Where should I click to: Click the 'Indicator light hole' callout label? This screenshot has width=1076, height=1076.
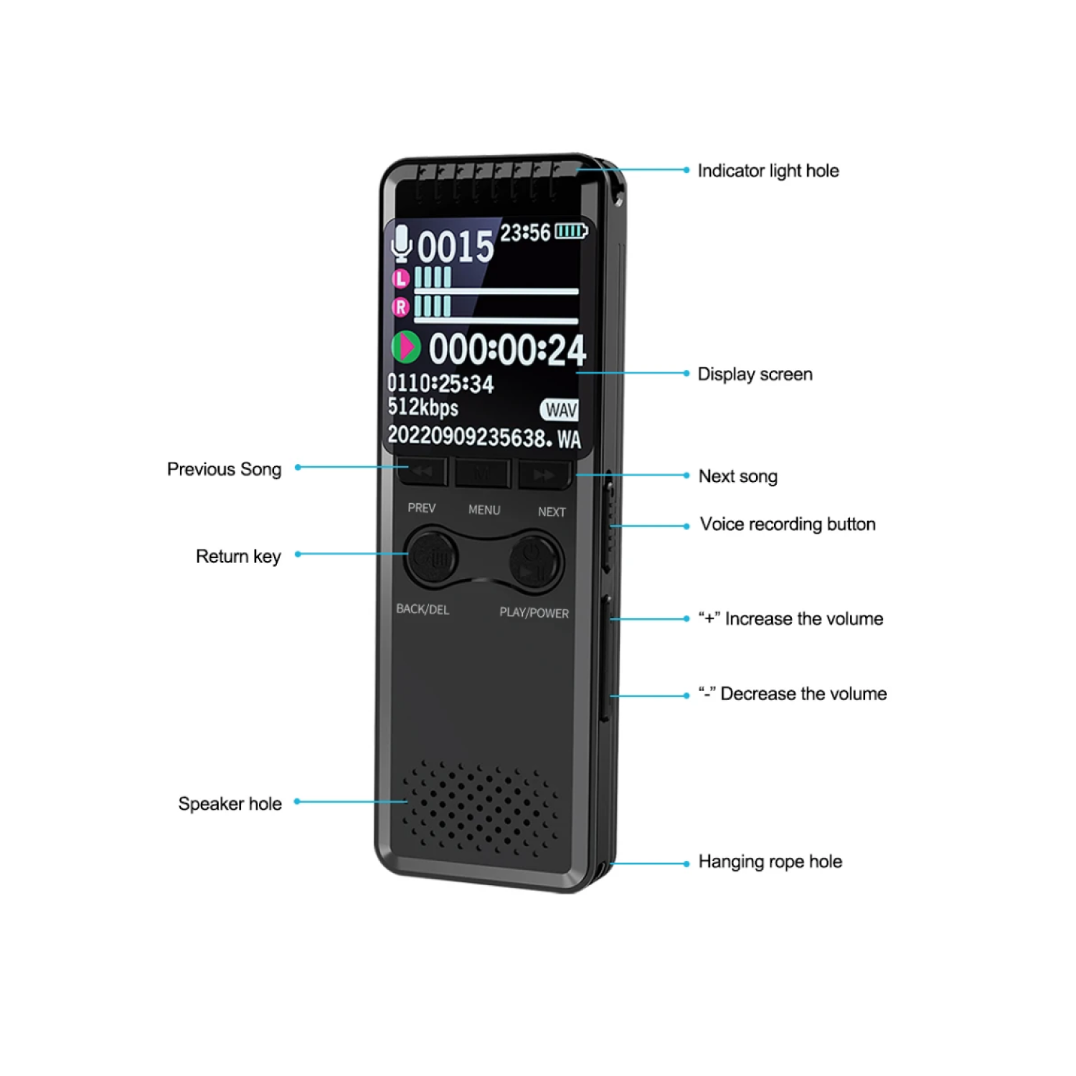(x=768, y=171)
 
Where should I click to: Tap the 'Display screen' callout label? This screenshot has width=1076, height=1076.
(x=755, y=374)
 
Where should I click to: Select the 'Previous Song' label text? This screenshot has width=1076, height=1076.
(x=224, y=469)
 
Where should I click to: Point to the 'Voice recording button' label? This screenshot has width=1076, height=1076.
(x=787, y=524)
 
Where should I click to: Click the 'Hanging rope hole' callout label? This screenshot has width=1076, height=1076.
(x=770, y=862)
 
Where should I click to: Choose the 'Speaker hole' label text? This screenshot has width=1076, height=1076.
(x=230, y=803)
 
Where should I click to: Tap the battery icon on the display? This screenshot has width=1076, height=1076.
(x=571, y=231)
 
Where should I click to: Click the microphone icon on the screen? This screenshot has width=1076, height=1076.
(x=401, y=243)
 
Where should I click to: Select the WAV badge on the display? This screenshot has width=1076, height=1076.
(x=560, y=410)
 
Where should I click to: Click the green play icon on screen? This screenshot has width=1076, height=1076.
(x=405, y=347)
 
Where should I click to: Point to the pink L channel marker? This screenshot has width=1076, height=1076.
(x=400, y=278)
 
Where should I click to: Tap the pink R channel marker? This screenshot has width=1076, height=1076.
(x=400, y=307)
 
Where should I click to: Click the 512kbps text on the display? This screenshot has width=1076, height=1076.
(x=423, y=407)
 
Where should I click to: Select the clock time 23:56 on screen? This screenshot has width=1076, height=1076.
(x=525, y=233)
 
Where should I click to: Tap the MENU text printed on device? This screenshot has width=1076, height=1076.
(x=484, y=510)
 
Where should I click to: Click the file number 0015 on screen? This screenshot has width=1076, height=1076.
(x=456, y=247)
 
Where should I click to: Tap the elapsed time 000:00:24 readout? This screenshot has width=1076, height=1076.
(x=507, y=350)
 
